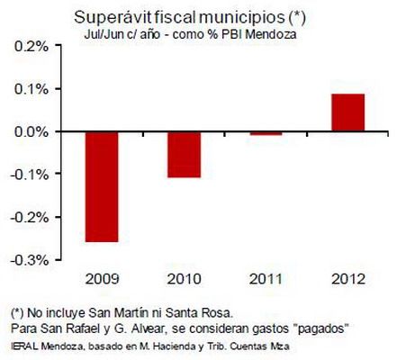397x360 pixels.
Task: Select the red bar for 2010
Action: click(x=184, y=154)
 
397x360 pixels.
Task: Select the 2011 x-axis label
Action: click(x=266, y=279)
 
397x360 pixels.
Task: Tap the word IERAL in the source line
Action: click(x=18, y=344)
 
